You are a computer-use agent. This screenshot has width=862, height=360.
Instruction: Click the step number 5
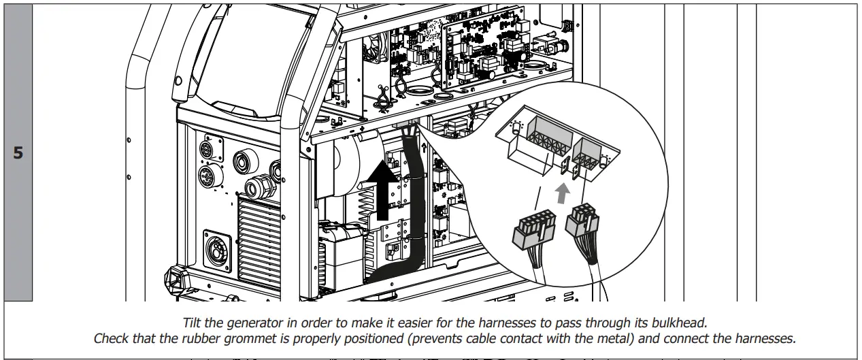coord(18,152)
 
